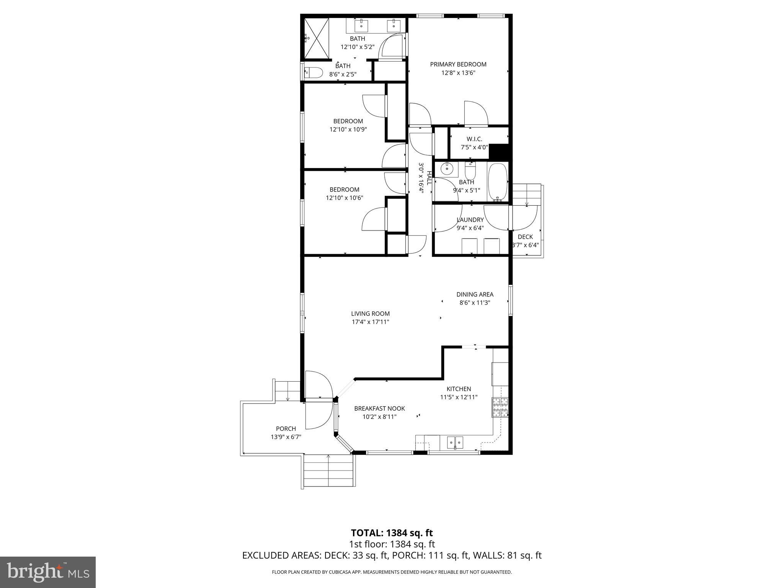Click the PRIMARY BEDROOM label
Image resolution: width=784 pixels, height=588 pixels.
click(x=458, y=64)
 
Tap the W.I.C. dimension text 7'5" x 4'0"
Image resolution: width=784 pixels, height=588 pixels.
click(x=474, y=147)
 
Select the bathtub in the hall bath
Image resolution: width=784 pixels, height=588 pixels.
click(x=498, y=182)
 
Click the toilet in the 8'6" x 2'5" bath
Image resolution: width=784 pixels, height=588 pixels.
click(x=314, y=72)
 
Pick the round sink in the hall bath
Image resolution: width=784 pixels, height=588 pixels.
click(x=447, y=168)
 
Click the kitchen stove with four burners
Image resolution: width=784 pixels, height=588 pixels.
click(x=500, y=408)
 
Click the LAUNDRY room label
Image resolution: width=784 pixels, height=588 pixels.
click(x=470, y=220)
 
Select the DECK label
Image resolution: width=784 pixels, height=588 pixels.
click(x=525, y=237)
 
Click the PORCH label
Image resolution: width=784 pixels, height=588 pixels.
click(x=286, y=429)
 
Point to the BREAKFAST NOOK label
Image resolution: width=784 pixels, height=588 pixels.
click(x=379, y=408)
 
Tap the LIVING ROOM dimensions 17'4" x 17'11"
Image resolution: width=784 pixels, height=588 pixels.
click(x=370, y=322)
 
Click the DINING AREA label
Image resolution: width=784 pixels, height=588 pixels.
click(x=475, y=294)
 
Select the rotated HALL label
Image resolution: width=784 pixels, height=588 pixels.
click(x=429, y=178)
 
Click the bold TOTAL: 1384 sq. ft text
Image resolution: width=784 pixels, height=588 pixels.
click(x=392, y=533)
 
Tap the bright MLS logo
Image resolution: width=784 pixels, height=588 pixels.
click(x=48, y=572)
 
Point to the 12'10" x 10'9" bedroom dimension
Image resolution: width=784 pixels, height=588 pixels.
click(x=348, y=129)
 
